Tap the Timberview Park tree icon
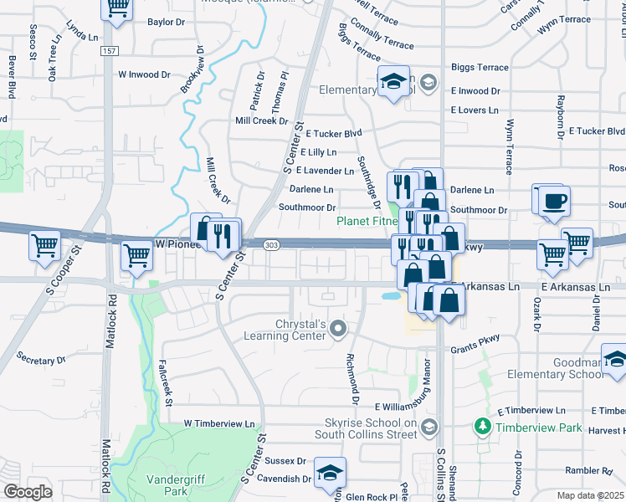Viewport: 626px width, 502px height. click(x=482, y=426)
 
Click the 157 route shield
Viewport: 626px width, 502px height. click(x=110, y=52)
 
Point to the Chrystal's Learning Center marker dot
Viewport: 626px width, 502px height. click(x=337, y=328)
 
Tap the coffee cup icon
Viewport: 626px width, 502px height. click(x=554, y=201)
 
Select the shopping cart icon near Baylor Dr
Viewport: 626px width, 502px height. click(x=117, y=8)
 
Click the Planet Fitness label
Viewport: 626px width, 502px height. click(x=368, y=222)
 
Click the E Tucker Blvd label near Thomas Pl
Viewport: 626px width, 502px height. click(x=333, y=133)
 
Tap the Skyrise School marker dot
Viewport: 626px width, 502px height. click(x=428, y=426)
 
